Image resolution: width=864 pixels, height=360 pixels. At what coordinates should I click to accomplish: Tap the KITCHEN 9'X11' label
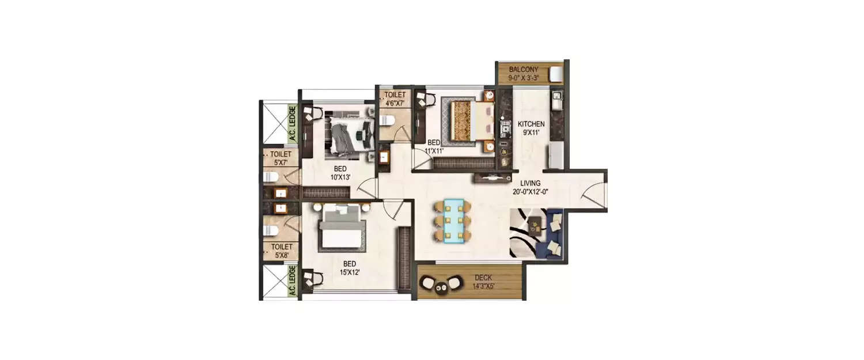click(530, 128)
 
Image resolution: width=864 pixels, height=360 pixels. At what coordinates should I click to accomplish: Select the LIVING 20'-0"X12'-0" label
click(530, 187)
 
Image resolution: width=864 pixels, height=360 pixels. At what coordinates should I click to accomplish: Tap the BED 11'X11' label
click(433, 146)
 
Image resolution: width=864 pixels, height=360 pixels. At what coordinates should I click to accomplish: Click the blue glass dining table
click(453, 220)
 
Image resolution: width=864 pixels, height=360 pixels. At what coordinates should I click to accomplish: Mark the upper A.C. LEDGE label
click(293, 123)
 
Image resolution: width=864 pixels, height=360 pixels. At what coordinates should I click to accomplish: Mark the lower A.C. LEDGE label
click(293, 281)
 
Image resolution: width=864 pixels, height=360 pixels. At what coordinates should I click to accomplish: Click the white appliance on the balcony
click(556, 74)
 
